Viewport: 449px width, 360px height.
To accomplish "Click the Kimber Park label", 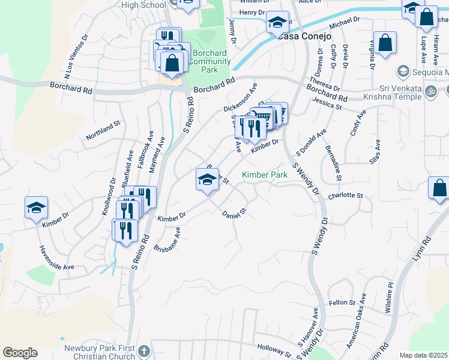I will click(x=265, y=175).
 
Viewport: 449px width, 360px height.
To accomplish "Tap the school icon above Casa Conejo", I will click(x=277, y=22).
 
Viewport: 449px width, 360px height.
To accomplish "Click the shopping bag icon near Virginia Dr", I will click(x=384, y=43).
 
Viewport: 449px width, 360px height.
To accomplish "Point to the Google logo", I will click(x=20, y=353).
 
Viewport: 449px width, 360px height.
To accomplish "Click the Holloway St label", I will click(x=274, y=349).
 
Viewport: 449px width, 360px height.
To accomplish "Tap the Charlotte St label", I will click(x=346, y=196).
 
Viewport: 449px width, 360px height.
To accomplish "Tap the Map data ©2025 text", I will click(x=424, y=355).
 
